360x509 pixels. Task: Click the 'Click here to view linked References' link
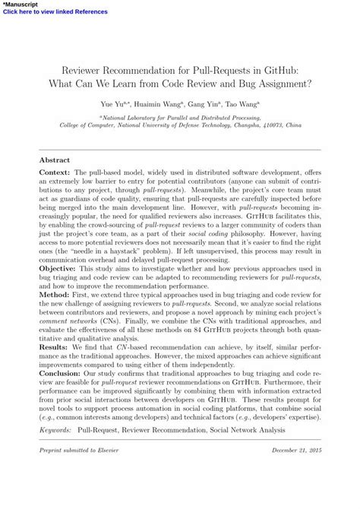coord(55,12)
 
